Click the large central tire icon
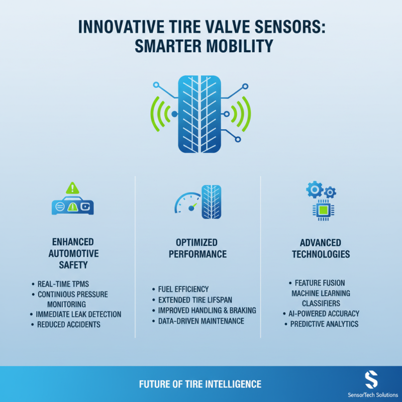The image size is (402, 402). point(200,115)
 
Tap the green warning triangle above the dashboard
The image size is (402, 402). point(73,188)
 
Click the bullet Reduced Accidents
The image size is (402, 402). point(69,325)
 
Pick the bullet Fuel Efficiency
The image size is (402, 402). point(183,289)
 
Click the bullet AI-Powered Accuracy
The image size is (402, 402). point(324,314)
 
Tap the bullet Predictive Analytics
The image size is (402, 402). point(324,324)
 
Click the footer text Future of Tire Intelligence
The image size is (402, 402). point(200,384)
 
